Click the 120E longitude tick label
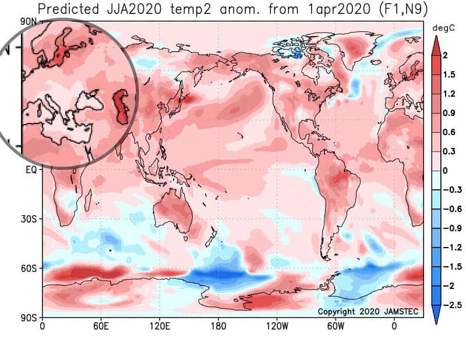point(160,326)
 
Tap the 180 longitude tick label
point(218,326)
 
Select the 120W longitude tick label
point(277,326)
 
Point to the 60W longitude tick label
point(336,326)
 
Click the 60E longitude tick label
point(101,326)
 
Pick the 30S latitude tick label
point(29,219)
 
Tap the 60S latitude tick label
point(29,269)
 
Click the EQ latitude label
point(31,170)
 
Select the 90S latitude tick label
point(29,318)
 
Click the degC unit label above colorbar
point(443,29)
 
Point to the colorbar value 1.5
point(449,75)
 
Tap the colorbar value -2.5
point(453,305)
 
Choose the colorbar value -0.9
point(453,228)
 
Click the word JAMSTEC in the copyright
point(401,311)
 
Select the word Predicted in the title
point(68,9)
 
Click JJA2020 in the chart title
point(135,9)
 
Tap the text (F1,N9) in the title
point(404,9)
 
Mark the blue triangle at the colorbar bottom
point(436,314)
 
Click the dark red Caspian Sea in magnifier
point(121,105)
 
